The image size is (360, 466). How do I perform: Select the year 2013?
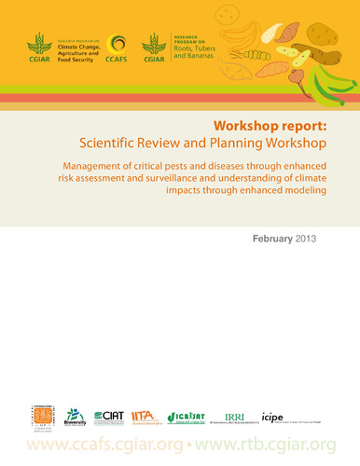pyautogui.click(x=307, y=239)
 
